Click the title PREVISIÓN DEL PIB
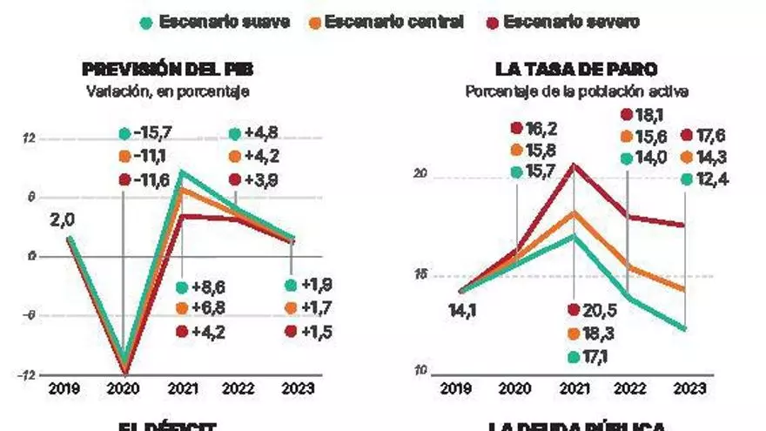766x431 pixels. (168, 70)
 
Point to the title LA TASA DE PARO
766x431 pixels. (576, 70)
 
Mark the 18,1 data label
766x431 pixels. (649, 114)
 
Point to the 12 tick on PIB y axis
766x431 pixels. (30, 138)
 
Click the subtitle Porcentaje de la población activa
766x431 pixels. (576, 91)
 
